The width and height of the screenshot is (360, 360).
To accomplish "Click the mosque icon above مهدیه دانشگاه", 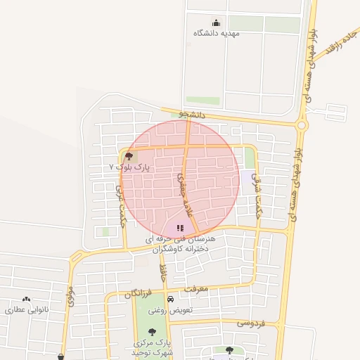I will click(216, 22).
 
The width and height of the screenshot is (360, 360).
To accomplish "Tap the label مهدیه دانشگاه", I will click(217, 33).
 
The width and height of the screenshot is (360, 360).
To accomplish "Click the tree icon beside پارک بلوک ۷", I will click(129, 157).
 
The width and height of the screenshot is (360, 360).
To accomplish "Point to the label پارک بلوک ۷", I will click(131, 167).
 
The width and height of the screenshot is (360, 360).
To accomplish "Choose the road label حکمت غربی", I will click(120, 198).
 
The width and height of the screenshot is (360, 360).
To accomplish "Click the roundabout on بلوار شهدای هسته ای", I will click(302, 125).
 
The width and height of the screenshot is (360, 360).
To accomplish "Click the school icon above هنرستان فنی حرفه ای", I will click(180, 229).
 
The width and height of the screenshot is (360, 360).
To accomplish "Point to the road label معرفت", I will click(197, 288).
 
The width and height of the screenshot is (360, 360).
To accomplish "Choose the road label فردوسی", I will click(250, 323).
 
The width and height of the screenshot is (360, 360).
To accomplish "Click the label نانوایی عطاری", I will click(27, 309).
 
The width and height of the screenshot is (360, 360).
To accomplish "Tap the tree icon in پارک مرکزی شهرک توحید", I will click(153, 331).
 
